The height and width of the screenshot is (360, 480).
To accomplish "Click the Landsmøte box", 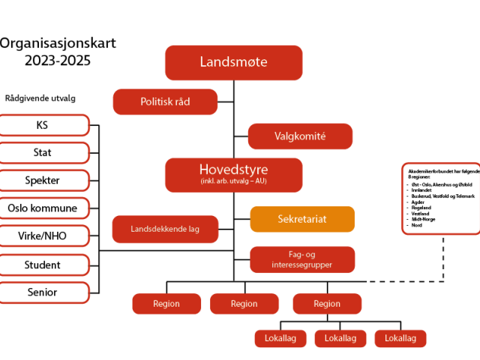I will click(233, 62).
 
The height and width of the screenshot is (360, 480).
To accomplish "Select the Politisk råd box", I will click(165, 101).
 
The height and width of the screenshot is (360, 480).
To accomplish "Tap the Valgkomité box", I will click(300, 136).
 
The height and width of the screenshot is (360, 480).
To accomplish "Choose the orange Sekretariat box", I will click(301, 219).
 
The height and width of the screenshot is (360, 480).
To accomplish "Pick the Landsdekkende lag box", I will click(165, 229).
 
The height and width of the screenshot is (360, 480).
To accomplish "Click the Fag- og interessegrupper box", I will click(302, 259).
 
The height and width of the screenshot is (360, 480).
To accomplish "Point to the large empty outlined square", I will click(440, 199).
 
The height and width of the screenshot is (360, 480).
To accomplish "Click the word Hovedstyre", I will click(233, 169).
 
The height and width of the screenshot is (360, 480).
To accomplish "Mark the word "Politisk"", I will click(156, 101).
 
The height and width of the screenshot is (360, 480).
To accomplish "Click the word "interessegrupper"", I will click(302, 265).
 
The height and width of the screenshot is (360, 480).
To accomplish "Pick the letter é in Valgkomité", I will click(323, 136).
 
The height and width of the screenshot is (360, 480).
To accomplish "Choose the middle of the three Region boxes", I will click(244, 304).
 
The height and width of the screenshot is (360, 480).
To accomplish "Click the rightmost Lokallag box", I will click(400, 338).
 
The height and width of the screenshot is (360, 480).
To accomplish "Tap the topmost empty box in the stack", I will click(43, 125).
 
